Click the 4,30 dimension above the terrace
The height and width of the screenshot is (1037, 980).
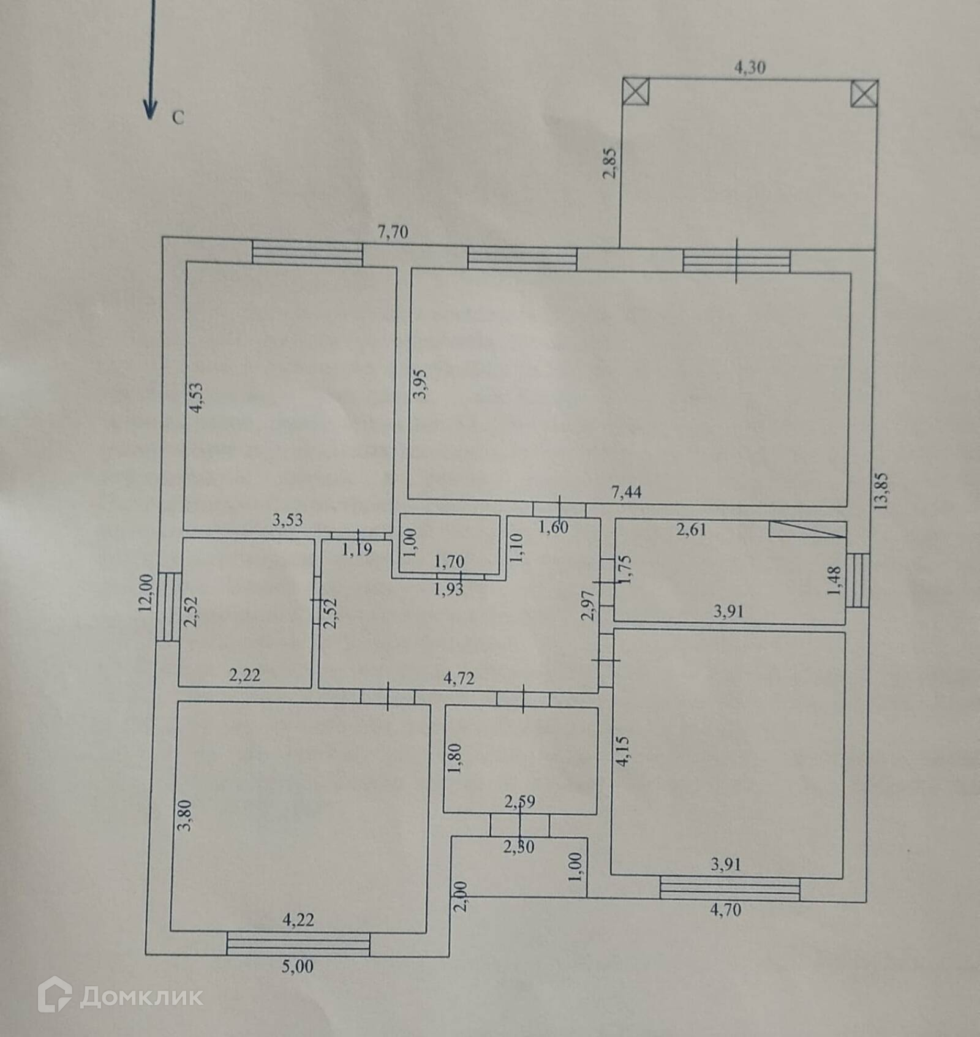(749, 67)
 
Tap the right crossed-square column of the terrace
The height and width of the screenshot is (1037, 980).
(864, 94)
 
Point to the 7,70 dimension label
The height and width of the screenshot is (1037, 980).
(393, 232)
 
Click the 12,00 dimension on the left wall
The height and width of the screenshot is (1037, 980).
(145, 594)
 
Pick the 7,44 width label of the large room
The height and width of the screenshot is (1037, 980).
(626, 491)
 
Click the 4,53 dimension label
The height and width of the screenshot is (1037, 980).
(196, 398)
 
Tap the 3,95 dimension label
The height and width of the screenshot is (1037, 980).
(421, 385)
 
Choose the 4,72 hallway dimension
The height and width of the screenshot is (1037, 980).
(459, 679)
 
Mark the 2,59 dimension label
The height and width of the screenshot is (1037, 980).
(520, 801)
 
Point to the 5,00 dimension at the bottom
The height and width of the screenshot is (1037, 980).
(297, 967)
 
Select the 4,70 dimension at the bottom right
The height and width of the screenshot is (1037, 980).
(725, 910)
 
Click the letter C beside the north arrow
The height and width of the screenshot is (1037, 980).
(178, 118)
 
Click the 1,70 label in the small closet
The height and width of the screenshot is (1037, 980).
(449, 561)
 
